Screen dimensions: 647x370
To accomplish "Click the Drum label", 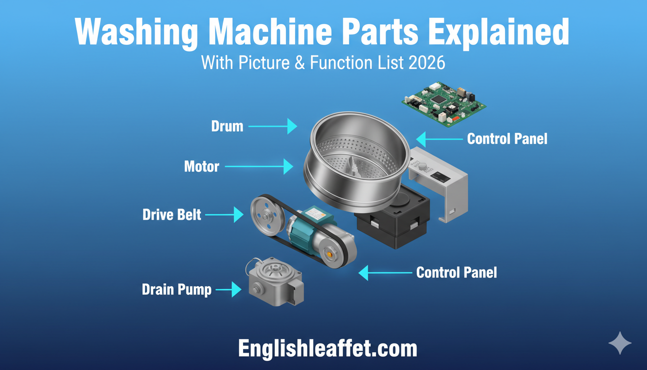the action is [227, 126].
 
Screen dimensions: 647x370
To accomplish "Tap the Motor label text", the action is [202, 167].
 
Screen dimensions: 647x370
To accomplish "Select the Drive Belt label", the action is [172, 215].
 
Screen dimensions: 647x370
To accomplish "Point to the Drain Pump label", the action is [177, 290].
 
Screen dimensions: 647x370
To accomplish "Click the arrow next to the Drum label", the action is [273, 126].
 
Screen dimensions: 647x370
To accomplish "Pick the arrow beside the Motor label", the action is [259, 167].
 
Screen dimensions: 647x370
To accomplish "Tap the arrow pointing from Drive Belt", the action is [224, 215].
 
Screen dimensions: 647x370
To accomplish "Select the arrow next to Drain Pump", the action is [229, 290].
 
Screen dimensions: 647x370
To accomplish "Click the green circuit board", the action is [444, 105].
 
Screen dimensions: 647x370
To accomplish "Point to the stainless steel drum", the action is [357, 162].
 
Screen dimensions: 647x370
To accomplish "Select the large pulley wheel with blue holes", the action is [268, 216].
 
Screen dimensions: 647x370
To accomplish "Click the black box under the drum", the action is [393, 220].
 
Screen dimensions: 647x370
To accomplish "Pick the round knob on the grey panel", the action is [423, 166].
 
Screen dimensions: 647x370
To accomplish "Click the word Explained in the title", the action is [499, 32].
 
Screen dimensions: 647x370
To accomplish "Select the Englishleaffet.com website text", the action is [327, 349].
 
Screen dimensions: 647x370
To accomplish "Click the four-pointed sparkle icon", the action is [620, 343].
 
